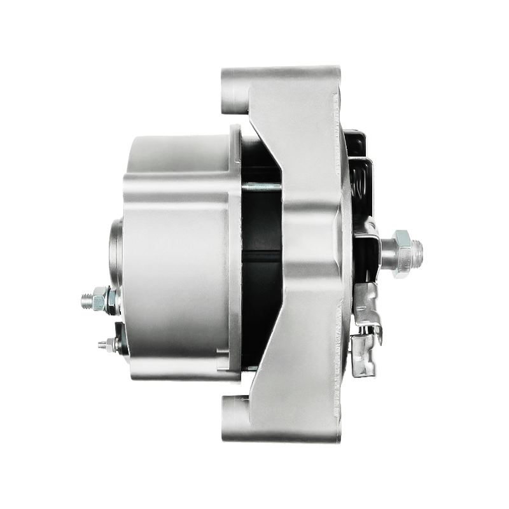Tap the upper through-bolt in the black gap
tap(261, 186)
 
